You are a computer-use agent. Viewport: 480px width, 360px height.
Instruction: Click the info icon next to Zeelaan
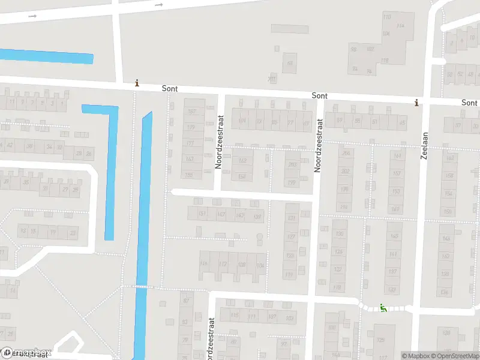416,103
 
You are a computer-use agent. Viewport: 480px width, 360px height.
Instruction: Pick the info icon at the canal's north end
137,83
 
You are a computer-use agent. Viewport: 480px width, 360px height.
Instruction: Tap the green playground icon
383,308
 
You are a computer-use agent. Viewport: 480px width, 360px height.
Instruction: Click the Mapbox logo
27,352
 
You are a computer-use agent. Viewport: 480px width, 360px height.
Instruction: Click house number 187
192,112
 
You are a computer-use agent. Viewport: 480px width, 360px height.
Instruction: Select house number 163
190,158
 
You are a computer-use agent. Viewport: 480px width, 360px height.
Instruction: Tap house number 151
202,214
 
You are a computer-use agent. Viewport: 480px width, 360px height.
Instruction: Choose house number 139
258,216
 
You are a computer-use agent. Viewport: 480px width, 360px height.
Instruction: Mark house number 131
292,218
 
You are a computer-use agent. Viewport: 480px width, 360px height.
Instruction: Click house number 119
290,275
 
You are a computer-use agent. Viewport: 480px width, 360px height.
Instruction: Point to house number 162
242,161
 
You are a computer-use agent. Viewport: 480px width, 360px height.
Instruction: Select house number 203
292,165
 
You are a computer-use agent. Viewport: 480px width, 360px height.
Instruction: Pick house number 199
292,182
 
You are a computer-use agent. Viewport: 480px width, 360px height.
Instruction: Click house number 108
242,264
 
